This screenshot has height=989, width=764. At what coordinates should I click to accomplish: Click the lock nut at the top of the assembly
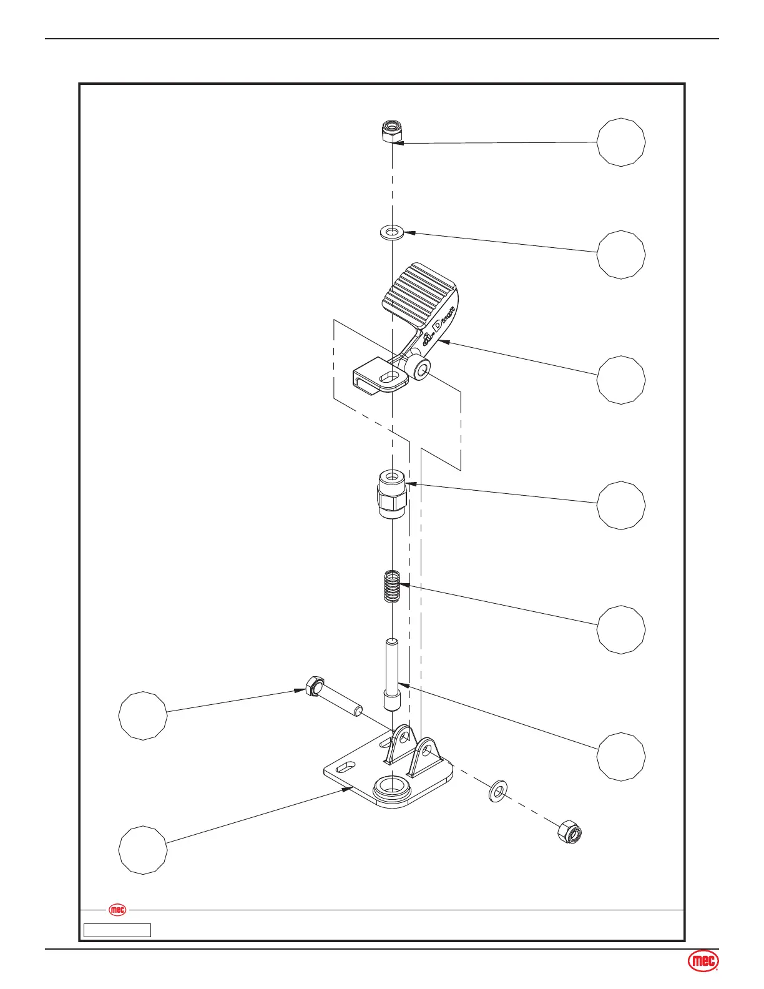tap(391, 131)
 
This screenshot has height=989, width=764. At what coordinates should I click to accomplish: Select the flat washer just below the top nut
tap(391, 233)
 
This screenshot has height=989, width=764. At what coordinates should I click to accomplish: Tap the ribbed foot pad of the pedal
tap(419, 293)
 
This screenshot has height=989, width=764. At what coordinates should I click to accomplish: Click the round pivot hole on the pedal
tap(423, 370)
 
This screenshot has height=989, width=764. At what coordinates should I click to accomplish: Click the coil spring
tap(391, 586)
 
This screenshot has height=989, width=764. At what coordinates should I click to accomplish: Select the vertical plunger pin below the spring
tap(391, 674)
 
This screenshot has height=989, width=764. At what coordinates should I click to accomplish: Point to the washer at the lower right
tap(497, 790)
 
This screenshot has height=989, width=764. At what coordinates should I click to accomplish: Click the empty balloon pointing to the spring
tap(621, 629)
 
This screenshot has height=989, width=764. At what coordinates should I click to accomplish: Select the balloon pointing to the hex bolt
tap(144, 716)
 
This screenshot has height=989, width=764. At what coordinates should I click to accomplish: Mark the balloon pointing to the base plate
tap(144, 850)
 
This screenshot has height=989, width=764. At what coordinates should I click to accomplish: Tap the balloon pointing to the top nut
tap(621, 142)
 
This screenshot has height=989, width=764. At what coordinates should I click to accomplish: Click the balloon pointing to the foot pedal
tap(621, 380)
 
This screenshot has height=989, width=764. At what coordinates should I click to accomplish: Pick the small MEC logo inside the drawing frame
tap(117, 910)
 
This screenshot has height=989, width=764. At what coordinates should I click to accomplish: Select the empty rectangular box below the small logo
tap(118, 930)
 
